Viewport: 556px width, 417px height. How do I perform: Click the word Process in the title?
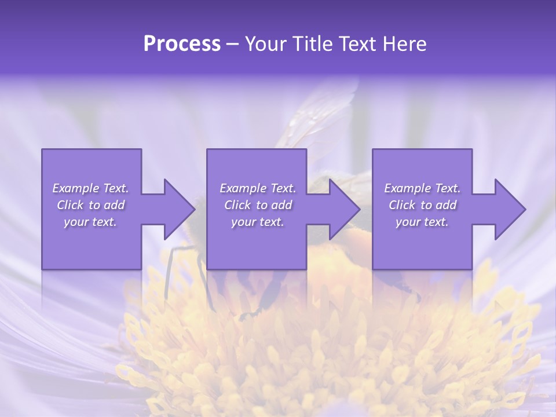click(182, 44)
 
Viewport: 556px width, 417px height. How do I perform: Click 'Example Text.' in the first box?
click(90, 188)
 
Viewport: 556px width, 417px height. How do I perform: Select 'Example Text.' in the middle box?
click(257, 188)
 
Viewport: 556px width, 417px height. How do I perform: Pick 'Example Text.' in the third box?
click(422, 188)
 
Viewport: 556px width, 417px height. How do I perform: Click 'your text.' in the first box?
click(90, 222)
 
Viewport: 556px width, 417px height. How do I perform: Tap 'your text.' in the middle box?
click(257, 222)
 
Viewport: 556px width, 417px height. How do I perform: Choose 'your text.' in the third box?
click(422, 222)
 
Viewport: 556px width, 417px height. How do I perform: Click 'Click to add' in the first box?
click(90, 205)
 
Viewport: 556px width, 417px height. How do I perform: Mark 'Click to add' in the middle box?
click(257, 205)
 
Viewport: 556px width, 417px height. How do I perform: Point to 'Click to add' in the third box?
click(422, 205)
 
